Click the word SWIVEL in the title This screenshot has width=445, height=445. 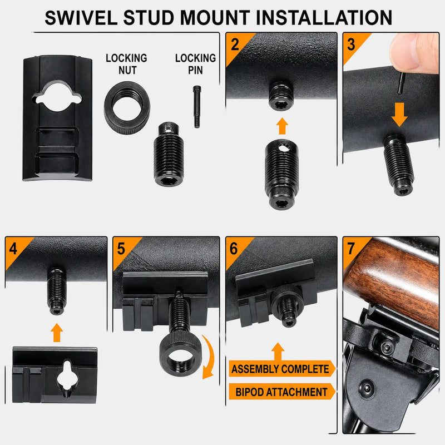coord(81,18)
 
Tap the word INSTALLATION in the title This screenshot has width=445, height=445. coord(324,18)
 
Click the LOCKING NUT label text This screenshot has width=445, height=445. coord(127,64)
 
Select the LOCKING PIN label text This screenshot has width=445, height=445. coord(195,64)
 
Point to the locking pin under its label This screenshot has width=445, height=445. coord(197,107)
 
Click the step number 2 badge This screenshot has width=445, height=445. coord(235,44)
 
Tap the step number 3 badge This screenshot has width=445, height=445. coord(352,44)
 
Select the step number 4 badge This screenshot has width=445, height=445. coord(13,249)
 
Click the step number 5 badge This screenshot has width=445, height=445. coord(121,249)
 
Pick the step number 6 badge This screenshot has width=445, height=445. coord(234,249)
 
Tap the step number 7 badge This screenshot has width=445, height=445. coord(351,249)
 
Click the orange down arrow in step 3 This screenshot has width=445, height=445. coord(399,115)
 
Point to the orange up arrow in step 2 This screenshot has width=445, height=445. coord(282,126)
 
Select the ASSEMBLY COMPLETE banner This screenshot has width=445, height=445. coord(281,369)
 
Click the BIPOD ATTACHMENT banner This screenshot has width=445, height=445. coord(281,392)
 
